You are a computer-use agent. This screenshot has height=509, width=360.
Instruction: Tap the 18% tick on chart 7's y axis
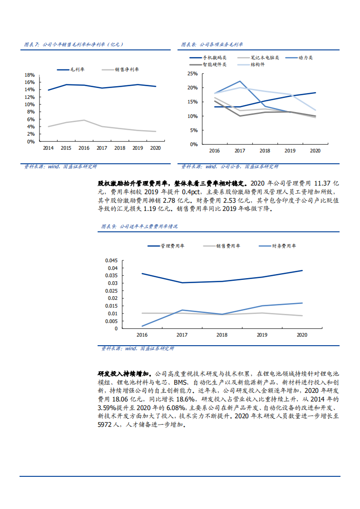pyautogui.click(x=30, y=75)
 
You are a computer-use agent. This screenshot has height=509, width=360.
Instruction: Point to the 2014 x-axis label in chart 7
pyautogui.click(x=48, y=148)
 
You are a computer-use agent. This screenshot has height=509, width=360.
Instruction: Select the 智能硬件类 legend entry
pyautogui.click(x=214, y=64)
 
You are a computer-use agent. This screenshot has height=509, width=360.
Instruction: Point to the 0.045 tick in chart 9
pyautogui.click(x=111, y=261)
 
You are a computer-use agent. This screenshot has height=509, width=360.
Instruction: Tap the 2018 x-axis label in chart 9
pyautogui.click(x=222, y=335)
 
